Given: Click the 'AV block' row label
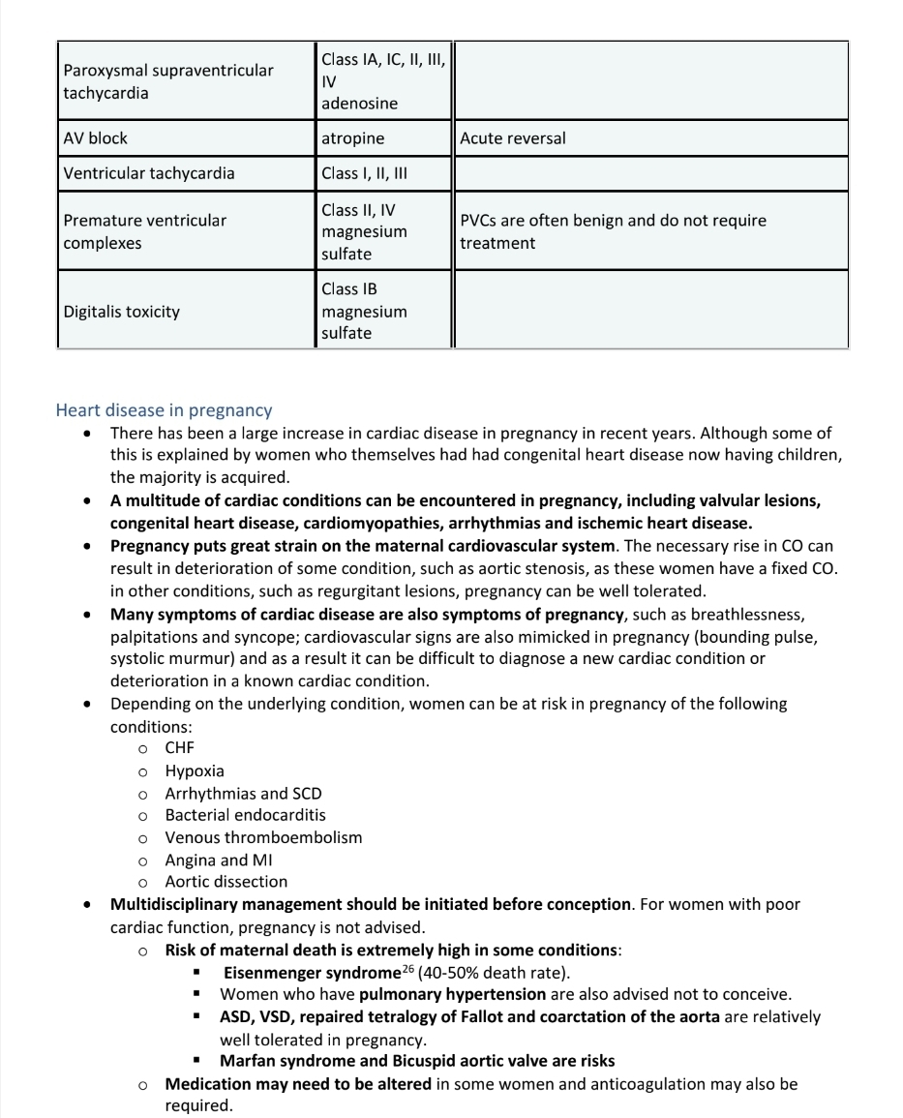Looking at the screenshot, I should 95,138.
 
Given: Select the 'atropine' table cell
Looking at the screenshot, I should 352,138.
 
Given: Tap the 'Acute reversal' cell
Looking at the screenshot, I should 513,138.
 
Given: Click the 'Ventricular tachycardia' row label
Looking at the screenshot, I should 148,174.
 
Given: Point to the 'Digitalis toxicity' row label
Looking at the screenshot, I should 121,312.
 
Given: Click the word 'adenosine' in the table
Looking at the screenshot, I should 359,103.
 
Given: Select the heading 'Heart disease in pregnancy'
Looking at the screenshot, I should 164,410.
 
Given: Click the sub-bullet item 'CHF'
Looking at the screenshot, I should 179,748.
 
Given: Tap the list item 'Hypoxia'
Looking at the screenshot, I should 195,771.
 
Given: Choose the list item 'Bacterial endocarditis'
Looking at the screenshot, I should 245,815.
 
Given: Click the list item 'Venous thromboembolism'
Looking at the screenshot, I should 263,837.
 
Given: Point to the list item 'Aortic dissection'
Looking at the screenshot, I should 226,882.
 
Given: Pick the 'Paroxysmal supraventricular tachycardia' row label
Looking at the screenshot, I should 167,81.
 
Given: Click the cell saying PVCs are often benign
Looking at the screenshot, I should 613,231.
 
